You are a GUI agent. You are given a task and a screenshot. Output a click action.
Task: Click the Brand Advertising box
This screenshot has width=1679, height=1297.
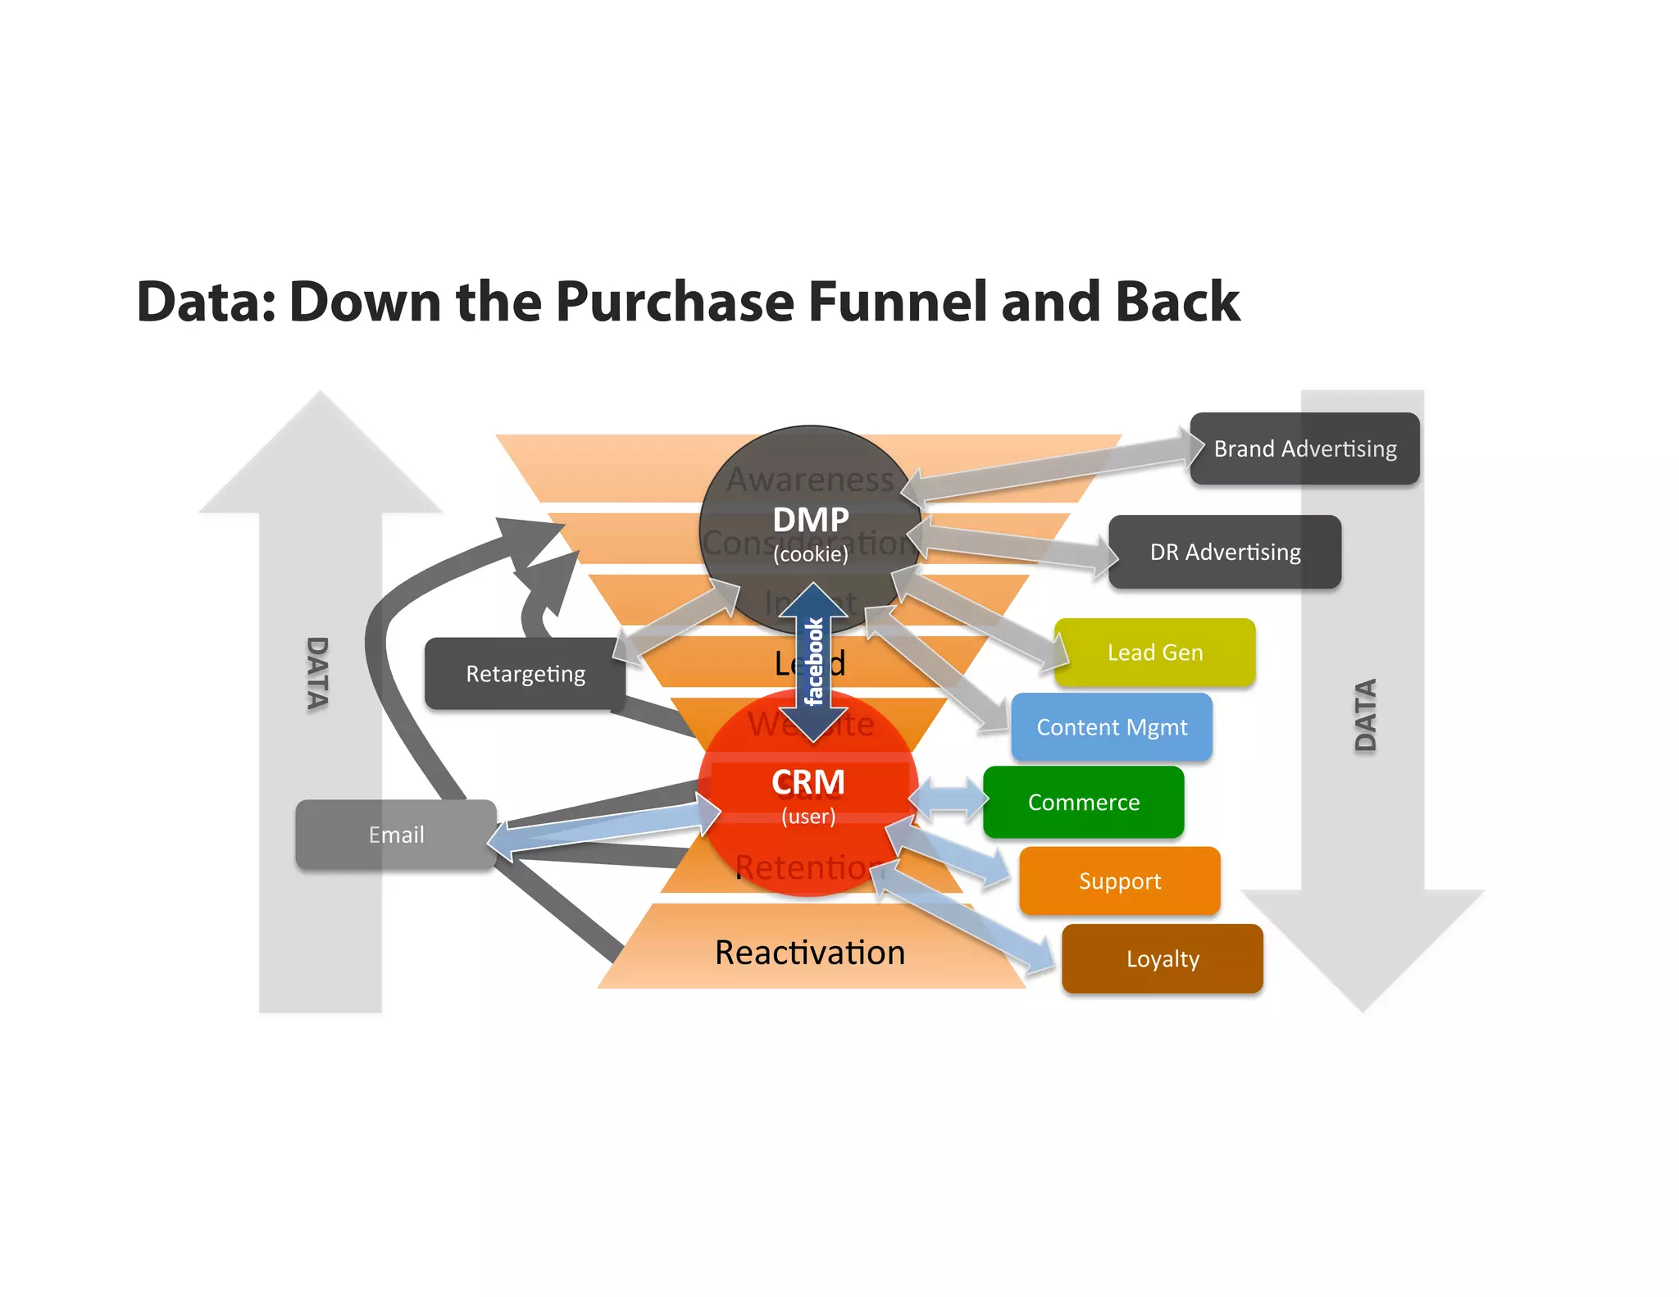[1304, 448]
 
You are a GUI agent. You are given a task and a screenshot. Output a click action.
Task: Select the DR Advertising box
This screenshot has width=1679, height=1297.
[1225, 552]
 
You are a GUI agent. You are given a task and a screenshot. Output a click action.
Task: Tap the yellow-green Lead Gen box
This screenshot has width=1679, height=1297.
[1154, 653]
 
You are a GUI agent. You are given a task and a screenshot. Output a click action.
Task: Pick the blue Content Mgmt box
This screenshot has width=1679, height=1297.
[1112, 727]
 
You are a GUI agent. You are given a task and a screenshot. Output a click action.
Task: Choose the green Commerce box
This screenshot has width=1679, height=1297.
[1083, 802]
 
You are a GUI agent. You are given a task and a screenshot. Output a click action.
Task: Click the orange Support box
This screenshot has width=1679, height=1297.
[1119, 881]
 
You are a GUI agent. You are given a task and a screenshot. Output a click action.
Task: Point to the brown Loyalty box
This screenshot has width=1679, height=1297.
[1162, 958]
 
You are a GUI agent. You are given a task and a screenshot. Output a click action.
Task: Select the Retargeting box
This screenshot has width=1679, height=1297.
[525, 674]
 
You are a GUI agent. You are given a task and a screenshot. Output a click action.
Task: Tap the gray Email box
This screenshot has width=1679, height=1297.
[396, 835]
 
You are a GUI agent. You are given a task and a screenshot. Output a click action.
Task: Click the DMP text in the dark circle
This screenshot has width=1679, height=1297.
[810, 520]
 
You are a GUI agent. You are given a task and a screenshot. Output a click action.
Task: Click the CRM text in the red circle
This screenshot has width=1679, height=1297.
[808, 782]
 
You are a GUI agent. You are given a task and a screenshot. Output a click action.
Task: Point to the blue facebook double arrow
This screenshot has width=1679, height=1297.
[813, 662]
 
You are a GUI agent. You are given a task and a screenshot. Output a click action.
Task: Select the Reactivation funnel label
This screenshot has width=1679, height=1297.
[810, 953]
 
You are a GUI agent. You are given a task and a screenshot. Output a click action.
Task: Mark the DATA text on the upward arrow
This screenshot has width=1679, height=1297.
[317, 674]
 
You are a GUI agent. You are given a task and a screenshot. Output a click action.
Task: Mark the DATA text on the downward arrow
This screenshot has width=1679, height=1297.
[1365, 715]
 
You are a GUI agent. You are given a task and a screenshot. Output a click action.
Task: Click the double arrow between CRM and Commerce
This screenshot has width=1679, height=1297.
[949, 798]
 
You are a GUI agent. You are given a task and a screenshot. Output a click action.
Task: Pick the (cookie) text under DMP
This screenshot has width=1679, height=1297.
[811, 554]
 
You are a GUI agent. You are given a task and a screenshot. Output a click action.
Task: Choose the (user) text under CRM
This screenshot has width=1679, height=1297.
[808, 817]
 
